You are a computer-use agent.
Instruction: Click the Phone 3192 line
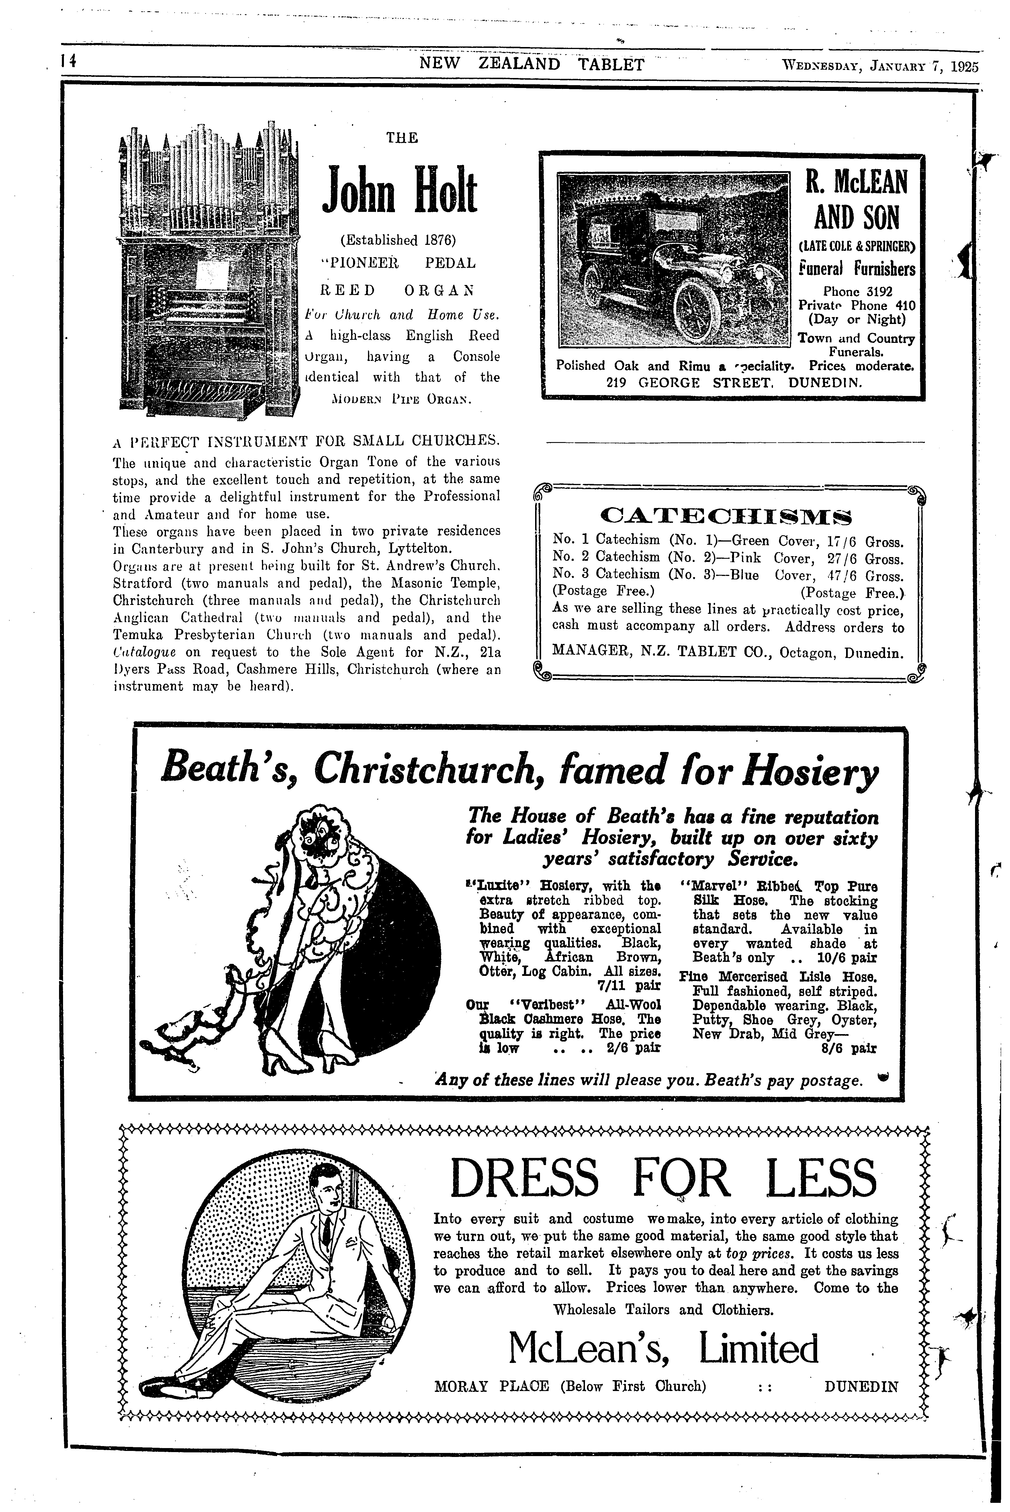tap(857, 292)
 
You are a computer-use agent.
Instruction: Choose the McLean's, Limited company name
tap(663, 1349)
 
